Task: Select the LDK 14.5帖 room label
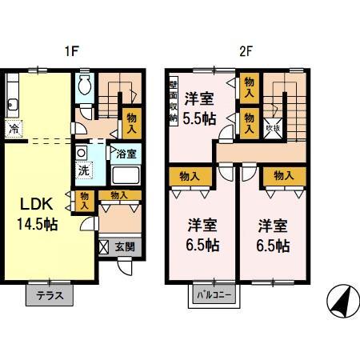coord(38,210)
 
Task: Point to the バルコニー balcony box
coord(214,295)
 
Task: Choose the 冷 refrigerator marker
coord(14,127)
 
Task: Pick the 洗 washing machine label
coord(83,170)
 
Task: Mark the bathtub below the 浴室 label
coord(126,175)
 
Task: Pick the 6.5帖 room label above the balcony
coord(200,234)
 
